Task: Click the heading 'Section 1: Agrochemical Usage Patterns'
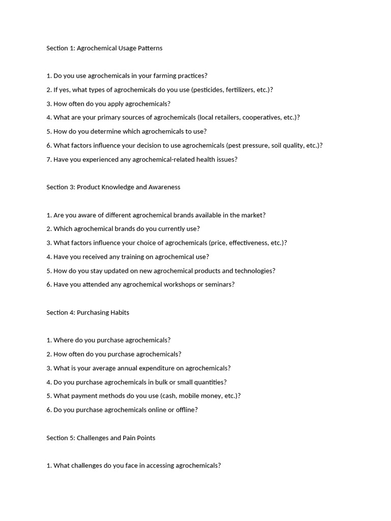[104, 48]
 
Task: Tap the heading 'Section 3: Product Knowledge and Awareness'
[113, 187]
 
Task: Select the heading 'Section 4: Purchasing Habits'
[88, 312]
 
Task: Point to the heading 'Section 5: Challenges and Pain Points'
[101, 438]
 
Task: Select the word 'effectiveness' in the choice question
[251, 243]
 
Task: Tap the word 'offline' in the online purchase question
[185, 410]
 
